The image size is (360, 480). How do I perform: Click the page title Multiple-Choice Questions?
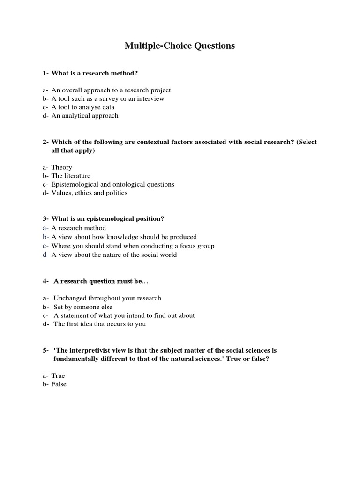coord(180,46)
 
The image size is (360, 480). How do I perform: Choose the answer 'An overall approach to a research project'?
coord(111,90)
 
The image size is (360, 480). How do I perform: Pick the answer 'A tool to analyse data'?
coord(82,107)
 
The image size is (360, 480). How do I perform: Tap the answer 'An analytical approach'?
coord(85,115)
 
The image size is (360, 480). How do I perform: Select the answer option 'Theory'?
coord(61,167)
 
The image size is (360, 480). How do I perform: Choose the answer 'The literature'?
coord(71,176)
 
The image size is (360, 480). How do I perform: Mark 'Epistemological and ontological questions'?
coord(112,184)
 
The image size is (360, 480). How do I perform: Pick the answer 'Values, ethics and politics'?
coord(89,193)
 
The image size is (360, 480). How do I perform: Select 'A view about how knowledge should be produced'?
coord(124,237)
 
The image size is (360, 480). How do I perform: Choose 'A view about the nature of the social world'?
coord(114,255)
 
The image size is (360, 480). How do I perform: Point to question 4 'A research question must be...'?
coord(102,281)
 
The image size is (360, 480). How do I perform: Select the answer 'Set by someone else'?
coord(83,307)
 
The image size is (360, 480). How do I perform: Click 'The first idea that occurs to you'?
coord(99,324)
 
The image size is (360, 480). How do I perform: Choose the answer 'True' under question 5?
coord(58,375)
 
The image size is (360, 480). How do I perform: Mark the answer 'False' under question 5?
coord(59,384)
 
